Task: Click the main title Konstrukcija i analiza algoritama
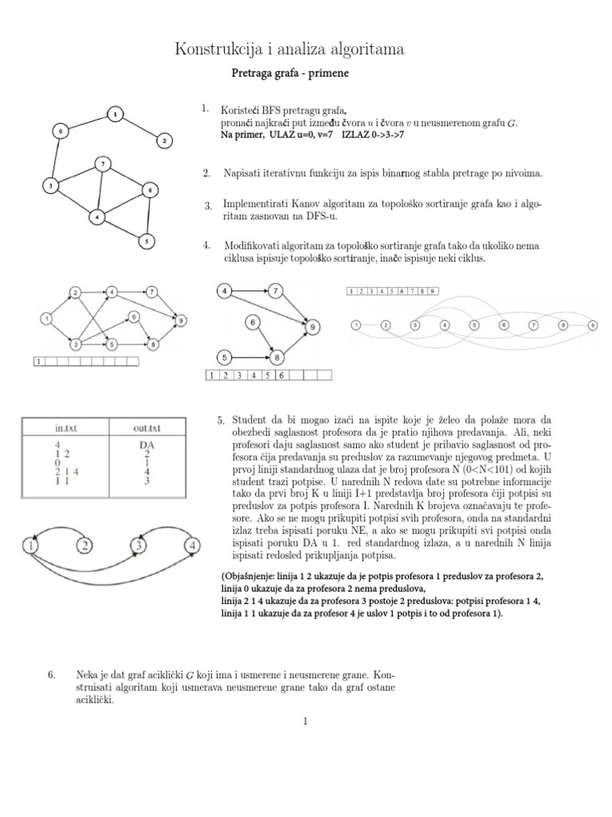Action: [x=289, y=50]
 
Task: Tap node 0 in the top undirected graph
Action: [x=59, y=129]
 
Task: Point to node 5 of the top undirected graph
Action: [x=144, y=239]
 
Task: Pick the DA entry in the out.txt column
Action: [x=147, y=444]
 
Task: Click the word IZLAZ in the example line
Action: [x=358, y=135]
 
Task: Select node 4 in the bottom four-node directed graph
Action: [x=191, y=547]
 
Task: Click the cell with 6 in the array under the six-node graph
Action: [x=281, y=374]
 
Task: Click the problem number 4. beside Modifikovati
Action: [x=206, y=244]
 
